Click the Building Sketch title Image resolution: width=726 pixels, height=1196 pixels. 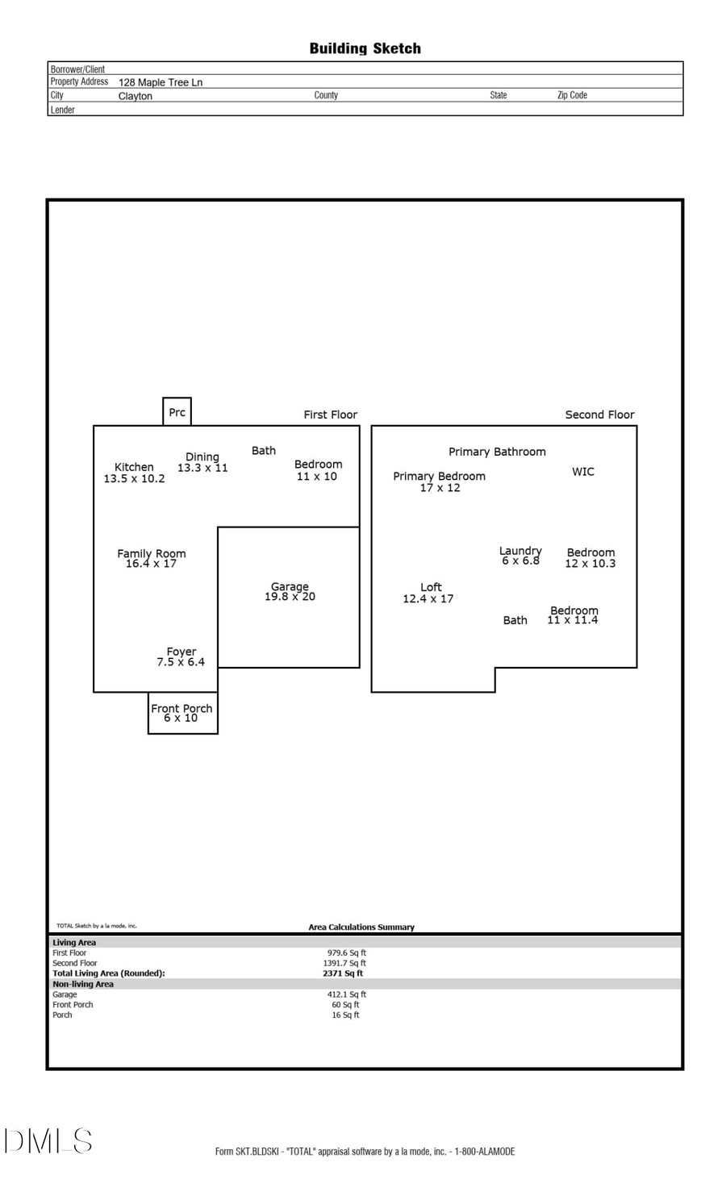point(365,48)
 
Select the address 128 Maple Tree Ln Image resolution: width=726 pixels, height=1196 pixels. point(161,82)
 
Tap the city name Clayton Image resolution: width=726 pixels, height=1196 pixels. point(135,96)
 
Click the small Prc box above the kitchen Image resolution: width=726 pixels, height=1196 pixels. point(177,411)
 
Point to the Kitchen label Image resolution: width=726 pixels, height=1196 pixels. point(134,467)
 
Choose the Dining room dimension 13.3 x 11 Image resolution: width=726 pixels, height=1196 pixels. point(202,468)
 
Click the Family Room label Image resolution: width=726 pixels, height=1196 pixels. point(152,553)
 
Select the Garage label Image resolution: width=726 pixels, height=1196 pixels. point(290,586)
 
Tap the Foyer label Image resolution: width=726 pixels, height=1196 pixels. point(181,652)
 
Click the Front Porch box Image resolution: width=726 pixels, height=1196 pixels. point(182,713)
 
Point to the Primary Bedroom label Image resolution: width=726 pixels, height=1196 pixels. point(439,476)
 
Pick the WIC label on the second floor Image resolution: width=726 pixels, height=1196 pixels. point(582,472)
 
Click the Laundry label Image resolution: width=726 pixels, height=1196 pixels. point(520,551)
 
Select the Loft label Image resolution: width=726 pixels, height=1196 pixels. point(431,587)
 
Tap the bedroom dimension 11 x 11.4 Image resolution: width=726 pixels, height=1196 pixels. point(573,620)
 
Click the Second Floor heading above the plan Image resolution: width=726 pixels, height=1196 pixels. point(599,415)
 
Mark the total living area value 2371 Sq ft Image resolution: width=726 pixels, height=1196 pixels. point(343,973)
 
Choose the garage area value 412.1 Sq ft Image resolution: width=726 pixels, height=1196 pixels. point(347,994)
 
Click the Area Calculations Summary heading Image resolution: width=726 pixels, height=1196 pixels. point(361,927)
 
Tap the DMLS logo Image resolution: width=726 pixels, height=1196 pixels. point(48,1141)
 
